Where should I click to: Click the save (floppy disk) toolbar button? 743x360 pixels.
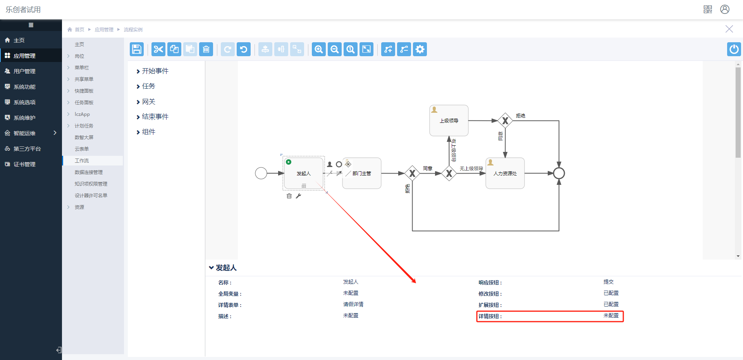point(136,49)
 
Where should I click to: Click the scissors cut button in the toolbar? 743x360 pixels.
point(158,49)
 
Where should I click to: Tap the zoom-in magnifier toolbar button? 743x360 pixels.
point(319,49)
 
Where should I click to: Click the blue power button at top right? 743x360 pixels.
point(734,49)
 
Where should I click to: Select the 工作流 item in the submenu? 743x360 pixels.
point(82,160)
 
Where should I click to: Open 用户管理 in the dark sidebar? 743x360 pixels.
point(24,71)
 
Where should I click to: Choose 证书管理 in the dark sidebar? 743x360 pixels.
point(24,164)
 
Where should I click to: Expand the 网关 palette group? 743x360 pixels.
point(148,102)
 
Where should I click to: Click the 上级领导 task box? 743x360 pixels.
point(449,121)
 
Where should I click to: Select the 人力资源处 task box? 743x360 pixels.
point(505,173)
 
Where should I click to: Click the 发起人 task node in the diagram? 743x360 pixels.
point(304,173)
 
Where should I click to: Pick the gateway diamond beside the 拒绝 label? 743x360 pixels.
point(505,121)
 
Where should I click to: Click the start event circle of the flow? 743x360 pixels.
point(261,173)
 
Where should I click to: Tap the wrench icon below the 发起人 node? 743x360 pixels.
point(298,196)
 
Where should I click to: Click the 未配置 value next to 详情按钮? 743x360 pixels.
point(611,316)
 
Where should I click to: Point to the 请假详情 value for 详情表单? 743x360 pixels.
point(353,305)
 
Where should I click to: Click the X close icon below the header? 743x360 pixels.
point(729,29)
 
